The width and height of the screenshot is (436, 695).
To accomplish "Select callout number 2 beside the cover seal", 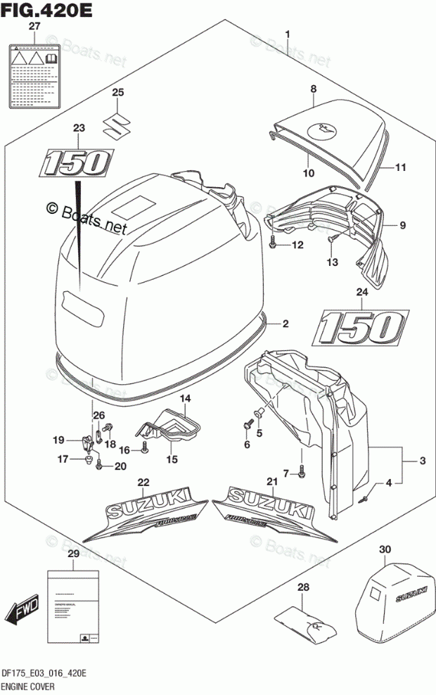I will tap(286, 324).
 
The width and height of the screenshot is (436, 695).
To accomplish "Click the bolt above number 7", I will tap(301, 473).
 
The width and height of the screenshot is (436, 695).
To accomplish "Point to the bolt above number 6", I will tap(248, 425).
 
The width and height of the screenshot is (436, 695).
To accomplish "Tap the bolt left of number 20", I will tap(99, 464).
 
